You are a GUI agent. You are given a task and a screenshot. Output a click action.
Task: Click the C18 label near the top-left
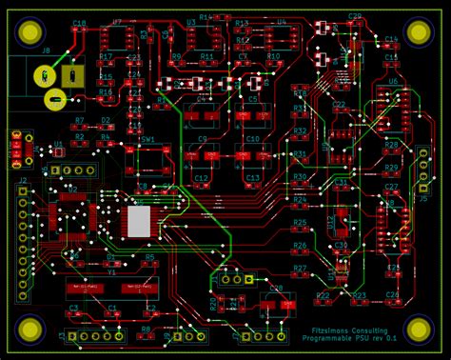click(x=79, y=22)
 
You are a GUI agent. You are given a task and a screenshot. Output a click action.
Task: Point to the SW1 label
click(x=147, y=139)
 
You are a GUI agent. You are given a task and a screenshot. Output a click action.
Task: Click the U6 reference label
click(x=392, y=82)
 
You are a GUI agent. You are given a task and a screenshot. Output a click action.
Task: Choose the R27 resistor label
click(x=300, y=269)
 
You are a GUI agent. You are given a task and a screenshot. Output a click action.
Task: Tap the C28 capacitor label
click(x=276, y=287)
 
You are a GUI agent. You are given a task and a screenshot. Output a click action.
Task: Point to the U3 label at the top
click(x=191, y=21)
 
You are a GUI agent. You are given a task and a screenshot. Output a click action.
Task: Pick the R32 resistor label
click(x=300, y=130)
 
